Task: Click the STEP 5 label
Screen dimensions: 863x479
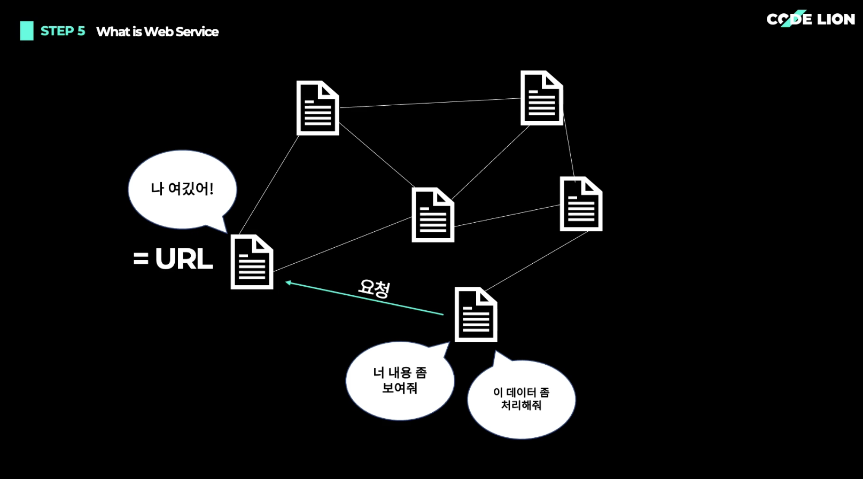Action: click(x=63, y=31)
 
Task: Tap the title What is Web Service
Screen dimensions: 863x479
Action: click(x=157, y=32)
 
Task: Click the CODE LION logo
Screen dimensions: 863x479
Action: click(x=810, y=19)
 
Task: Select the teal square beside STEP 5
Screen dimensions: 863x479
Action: click(x=27, y=31)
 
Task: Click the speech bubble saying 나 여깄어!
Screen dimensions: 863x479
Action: click(x=182, y=189)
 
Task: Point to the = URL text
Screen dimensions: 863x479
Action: click(x=173, y=260)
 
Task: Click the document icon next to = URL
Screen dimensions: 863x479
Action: click(x=252, y=262)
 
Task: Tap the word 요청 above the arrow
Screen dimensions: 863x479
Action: click(x=374, y=288)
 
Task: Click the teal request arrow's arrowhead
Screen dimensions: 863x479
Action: click(x=289, y=282)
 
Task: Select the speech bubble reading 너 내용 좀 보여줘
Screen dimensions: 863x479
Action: click(x=400, y=381)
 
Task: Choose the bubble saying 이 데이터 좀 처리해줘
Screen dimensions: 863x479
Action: click(x=521, y=399)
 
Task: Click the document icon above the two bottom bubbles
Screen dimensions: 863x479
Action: click(x=476, y=315)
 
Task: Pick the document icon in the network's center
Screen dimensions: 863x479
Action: click(x=433, y=215)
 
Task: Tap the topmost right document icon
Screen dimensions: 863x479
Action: click(x=541, y=98)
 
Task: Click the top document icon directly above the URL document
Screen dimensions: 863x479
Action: click(x=317, y=108)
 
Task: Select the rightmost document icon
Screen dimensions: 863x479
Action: click(x=581, y=204)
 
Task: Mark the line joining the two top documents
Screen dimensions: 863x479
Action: click(x=430, y=103)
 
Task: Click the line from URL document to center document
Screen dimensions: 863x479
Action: click(x=342, y=244)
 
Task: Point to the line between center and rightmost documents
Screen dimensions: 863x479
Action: click(x=507, y=216)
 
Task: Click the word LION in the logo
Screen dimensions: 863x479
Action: click(x=836, y=19)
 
